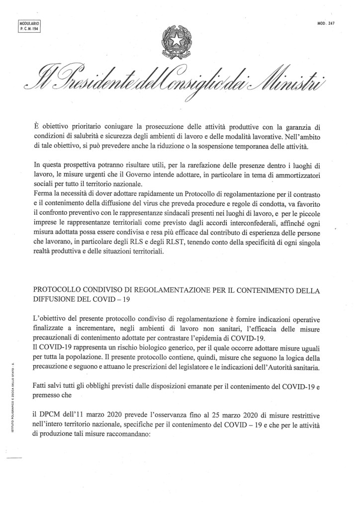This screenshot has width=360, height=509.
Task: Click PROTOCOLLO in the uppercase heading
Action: [60, 290]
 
